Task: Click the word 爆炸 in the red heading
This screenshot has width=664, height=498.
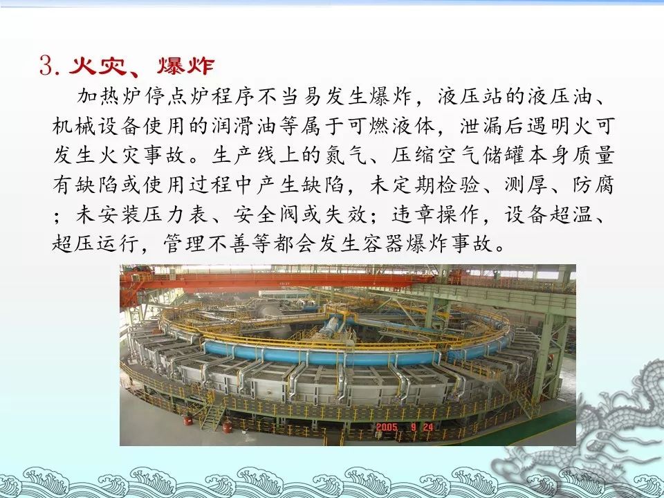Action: (x=185, y=66)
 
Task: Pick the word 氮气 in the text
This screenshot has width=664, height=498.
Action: (x=347, y=156)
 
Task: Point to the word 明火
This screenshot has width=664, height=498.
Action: (x=572, y=126)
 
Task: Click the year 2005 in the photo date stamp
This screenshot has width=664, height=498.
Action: (x=387, y=427)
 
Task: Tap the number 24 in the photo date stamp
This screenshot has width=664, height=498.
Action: (x=428, y=427)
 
